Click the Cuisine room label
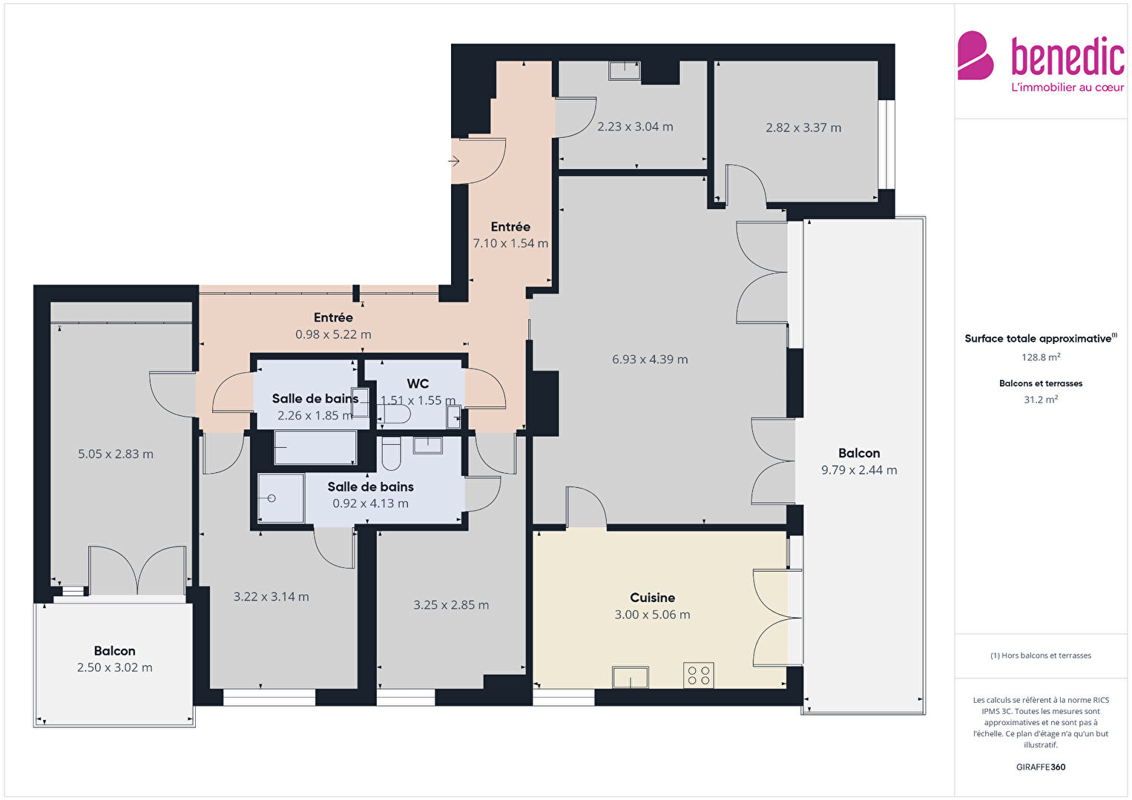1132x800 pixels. tap(652, 598)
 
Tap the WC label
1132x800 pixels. tap(418, 384)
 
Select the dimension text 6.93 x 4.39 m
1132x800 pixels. tap(650, 360)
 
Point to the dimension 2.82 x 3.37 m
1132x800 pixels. tap(803, 128)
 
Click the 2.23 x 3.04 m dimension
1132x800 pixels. tap(635, 127)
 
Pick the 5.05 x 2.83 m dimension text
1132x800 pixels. tap(115, 454)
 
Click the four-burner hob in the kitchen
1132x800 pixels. tap(699, 675)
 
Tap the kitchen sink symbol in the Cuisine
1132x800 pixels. tap(631, 677)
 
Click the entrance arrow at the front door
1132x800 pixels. tap(454, 161)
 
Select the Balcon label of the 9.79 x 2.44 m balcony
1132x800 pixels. tap(859, 453)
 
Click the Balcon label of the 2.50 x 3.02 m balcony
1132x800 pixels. tap(115, 651)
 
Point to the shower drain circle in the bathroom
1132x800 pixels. tap(272, 498)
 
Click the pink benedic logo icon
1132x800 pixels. tap(975, 56)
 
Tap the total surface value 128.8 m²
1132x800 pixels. tap(1041, 357)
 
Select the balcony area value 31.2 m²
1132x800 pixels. tap(1041, 400)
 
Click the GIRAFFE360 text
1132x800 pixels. tap(1041, 767)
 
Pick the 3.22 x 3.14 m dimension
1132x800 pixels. tap(271, 597)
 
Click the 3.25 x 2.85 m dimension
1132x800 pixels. tap(451, 605)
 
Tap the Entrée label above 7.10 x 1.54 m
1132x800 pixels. tap(510, 227)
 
